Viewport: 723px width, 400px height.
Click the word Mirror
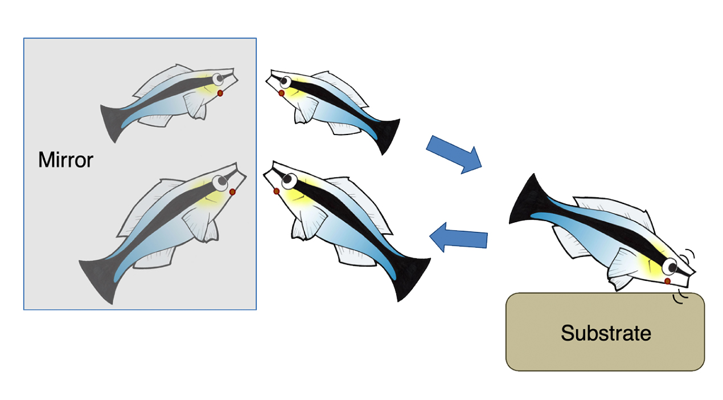65,160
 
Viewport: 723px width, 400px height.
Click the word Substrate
606,332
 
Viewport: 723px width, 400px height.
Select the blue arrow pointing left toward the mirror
458,238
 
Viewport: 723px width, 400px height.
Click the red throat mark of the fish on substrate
668,281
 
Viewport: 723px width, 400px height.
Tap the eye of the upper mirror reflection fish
217,79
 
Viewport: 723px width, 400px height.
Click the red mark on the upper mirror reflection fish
220,93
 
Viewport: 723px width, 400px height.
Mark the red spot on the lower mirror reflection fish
232,193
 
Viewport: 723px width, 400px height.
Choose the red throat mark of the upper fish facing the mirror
281,93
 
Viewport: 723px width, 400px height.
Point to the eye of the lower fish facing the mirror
287,181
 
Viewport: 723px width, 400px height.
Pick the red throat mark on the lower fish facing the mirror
277,191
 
